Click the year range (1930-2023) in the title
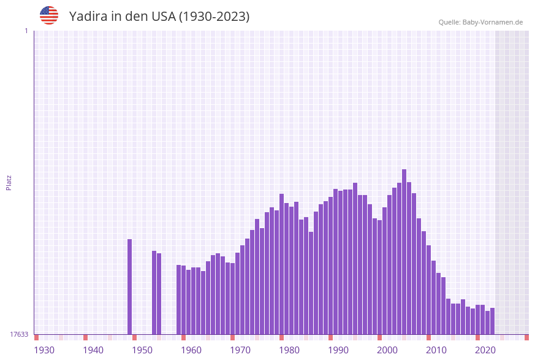tap(214, 17)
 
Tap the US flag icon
tap(49, 15)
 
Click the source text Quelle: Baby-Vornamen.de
tap(480, 22)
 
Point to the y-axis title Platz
tap(9, 182)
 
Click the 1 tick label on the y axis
tap(26, 31)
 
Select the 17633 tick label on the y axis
tap(19, 334)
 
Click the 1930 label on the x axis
tap(44, 350)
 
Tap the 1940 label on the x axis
tap(93, 350)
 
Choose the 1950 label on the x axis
tap(142, 350)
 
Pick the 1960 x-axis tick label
tap(191, 350)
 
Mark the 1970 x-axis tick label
tap(240, 350)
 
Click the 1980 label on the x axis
tap(289, 350)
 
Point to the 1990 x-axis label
tap(338, 350)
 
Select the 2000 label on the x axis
tap(387, 350)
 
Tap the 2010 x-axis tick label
tap(436, 350)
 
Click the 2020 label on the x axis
tap(485, 350)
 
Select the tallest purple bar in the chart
tap(404, 251)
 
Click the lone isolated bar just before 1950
tap(129, 286)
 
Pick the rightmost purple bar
tap(492, 321)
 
